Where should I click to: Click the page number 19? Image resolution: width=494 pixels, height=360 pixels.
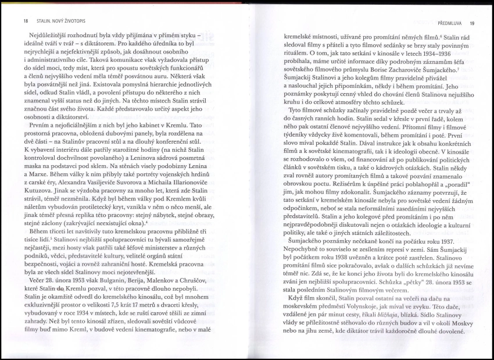pos(472,23)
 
